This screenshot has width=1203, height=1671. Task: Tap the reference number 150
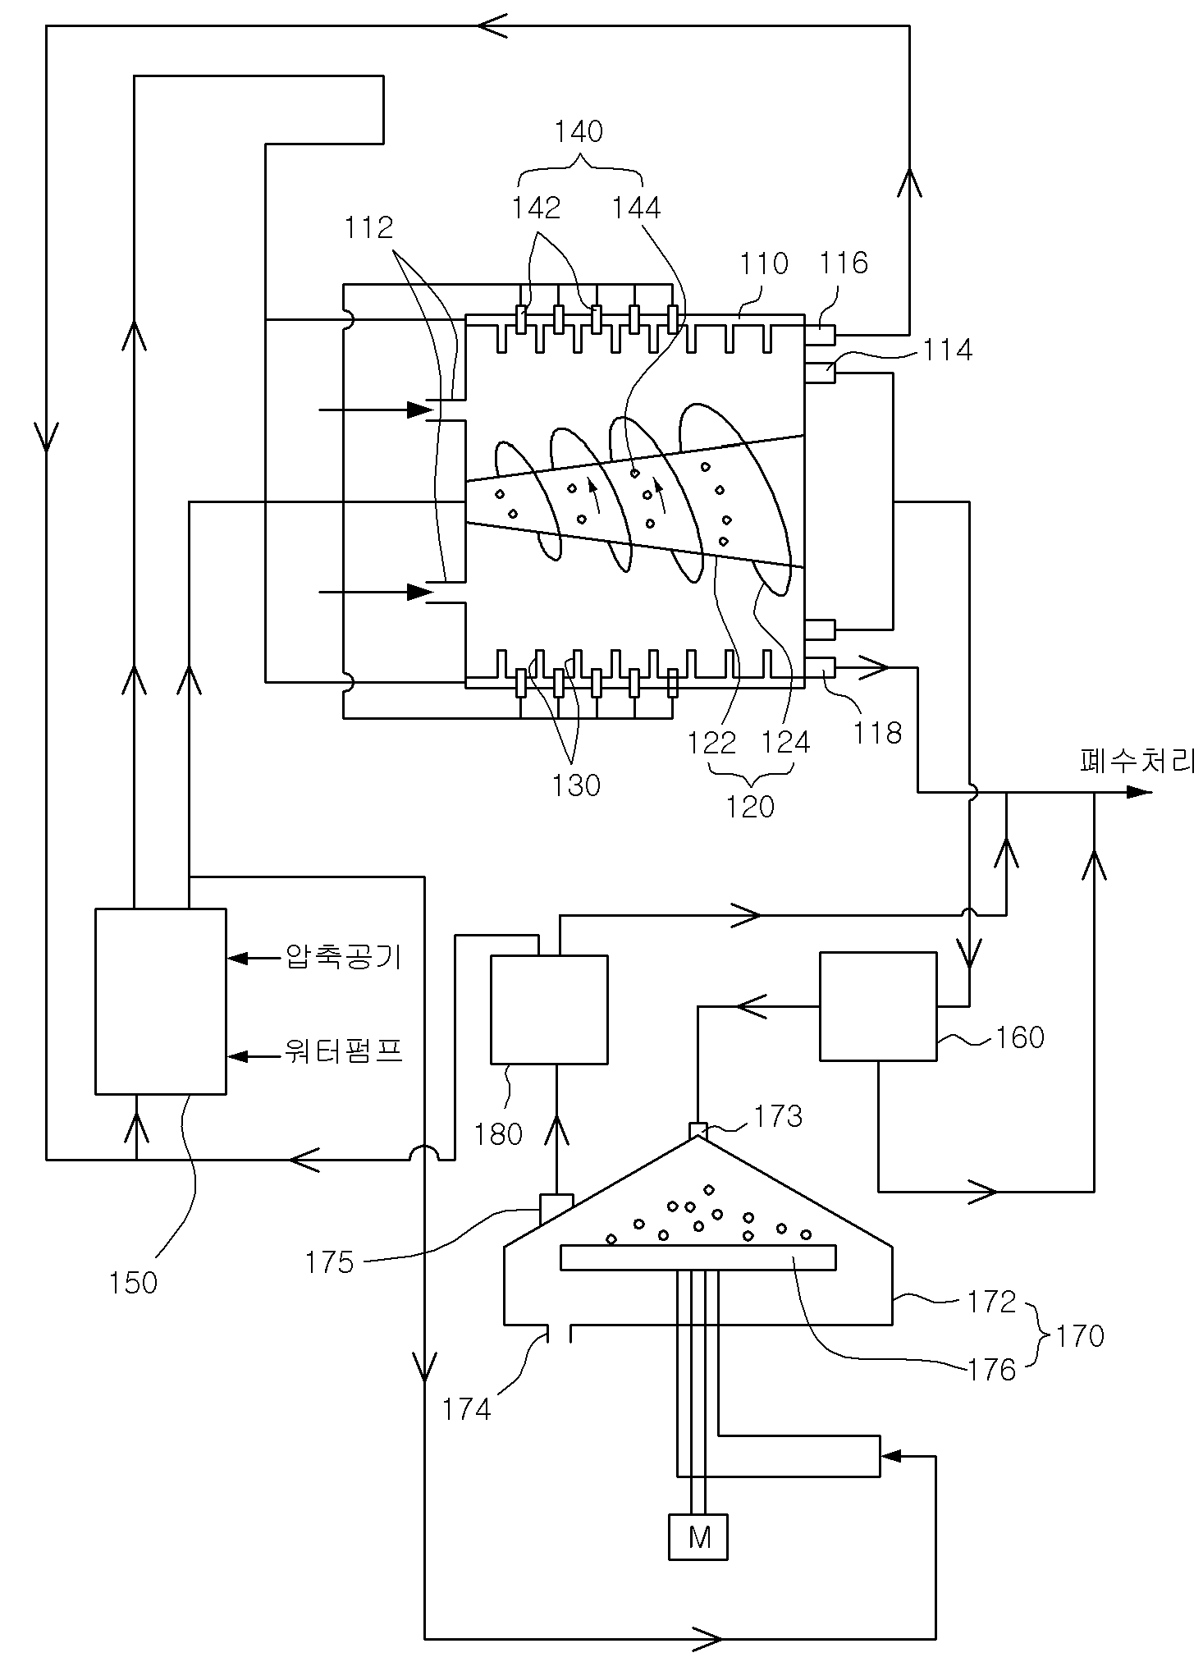[x=133, y=1282]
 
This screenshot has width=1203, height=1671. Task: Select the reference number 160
[x=1020, y=1037]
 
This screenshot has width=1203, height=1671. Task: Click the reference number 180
[x=499, y=1134]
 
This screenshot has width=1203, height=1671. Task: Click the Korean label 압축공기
[x=343, y=957]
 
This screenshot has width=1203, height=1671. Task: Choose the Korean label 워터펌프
[x=343, y=1051]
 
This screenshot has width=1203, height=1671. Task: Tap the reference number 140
[x=579, y=131]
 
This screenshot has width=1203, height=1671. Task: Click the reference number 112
[x=369, y=227]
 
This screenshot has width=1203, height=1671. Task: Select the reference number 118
[x=878, y=733]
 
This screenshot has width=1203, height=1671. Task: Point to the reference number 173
[x=778, y=1116]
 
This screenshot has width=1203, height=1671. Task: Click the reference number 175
[x=330, y=1262]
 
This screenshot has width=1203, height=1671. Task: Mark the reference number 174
[x=466, y=1410]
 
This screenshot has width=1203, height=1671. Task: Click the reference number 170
[x=1080, y=1336]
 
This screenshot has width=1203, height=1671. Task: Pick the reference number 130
[x=576, y=785]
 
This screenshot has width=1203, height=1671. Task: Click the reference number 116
[x=844, y=263]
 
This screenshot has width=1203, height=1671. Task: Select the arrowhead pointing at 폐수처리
[x=1140, y=792]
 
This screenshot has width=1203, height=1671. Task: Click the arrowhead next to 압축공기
[x=239, y=957]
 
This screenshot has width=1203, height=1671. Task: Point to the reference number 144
[x=636, y=208]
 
